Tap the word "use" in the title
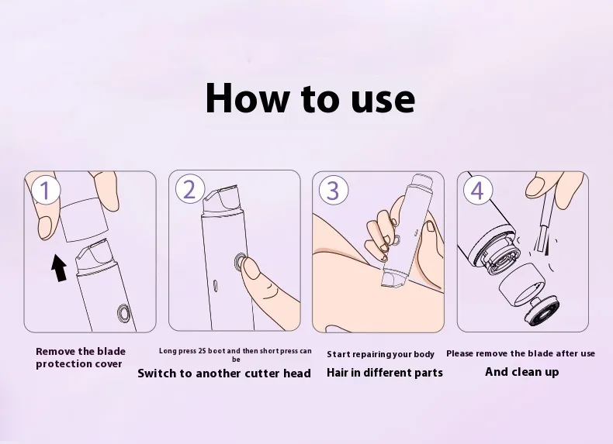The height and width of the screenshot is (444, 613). click(383, 101)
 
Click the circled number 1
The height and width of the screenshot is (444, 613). click(46, 190)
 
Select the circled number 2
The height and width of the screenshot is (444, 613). click(189, 189)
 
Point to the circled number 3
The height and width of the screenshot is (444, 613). click(333, 190)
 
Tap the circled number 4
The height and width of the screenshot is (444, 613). click(478, 191)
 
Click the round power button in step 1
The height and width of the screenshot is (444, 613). click(125, 313)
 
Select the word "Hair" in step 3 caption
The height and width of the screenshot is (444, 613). click(338, 373)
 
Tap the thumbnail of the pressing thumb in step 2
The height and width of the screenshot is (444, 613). click(250, 269)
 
